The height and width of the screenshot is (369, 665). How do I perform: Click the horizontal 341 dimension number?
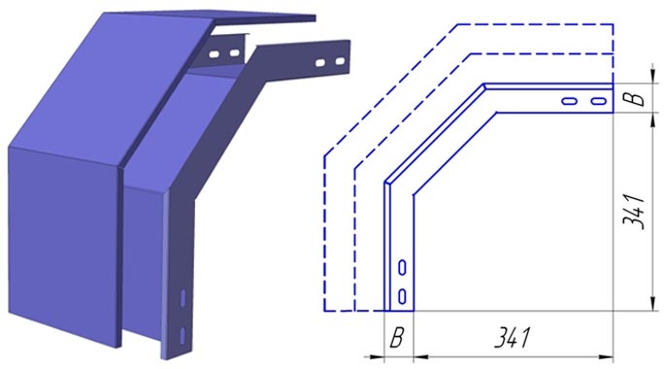click(x=513, y=338)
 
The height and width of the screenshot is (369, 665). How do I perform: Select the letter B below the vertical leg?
click(x=396, y=338)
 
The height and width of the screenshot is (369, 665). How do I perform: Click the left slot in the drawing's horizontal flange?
click(x=569, y=101)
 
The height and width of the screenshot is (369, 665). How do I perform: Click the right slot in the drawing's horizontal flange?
click(x=598, y=101)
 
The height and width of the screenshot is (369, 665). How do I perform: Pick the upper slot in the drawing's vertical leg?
click(x=402, y=268)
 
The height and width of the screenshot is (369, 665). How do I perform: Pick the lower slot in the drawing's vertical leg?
click(x=402, y=296)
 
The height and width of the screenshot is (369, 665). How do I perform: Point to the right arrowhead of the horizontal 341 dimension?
click(x=607, y=357)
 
